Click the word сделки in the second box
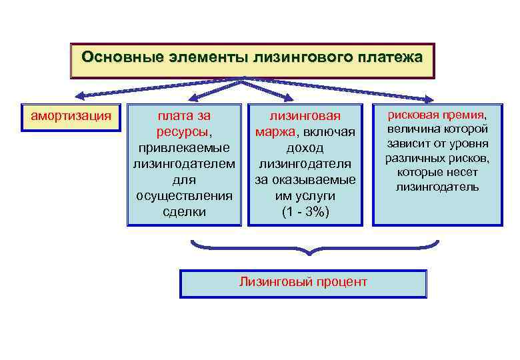[184, 212]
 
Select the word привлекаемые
[184, 147]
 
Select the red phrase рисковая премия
[437, 114]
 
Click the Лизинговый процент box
[303, 283]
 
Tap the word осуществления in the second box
[184, 196]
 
